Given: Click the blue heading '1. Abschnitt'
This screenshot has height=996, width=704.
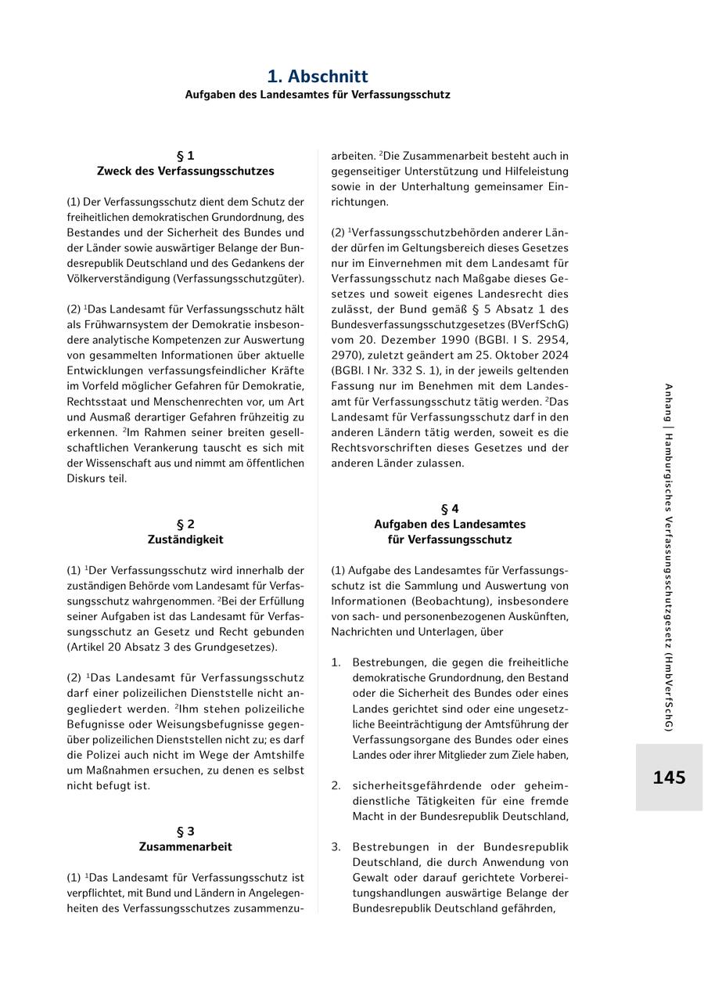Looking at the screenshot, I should (x=318, y=76).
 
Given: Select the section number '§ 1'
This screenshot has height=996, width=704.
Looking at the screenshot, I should (x=185, y=156).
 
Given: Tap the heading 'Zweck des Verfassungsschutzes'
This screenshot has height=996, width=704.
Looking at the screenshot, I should (x=185, y=171).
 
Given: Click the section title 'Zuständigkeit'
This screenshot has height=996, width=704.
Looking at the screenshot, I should (x=185, y=539).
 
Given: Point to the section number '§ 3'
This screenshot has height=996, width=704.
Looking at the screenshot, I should (x=185, y=832).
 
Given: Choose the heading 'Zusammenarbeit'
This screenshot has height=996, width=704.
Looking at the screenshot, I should (x=185, y=846).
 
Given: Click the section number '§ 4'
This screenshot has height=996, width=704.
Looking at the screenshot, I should (x=450, y=509).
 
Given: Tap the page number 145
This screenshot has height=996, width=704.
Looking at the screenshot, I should (x=669, y=778).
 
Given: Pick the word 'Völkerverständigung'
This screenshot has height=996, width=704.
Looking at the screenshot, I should (x=117, y=279).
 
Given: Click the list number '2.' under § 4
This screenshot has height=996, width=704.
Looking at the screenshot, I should (x=336, y=785).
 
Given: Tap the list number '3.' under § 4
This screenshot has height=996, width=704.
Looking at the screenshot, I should (x=336, y=847).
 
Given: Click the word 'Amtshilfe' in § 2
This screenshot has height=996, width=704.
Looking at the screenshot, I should (x=279, y=755).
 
